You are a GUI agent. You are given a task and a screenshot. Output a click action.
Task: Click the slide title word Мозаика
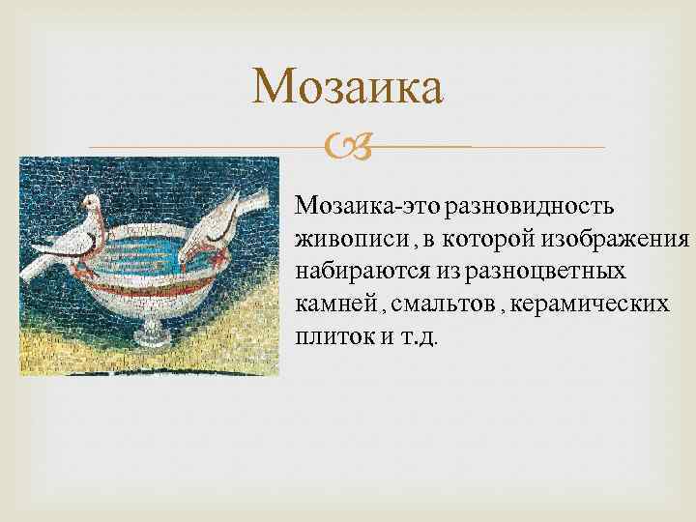tap(348, 88)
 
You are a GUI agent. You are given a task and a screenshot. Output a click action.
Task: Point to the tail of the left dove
tap(39, 263)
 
